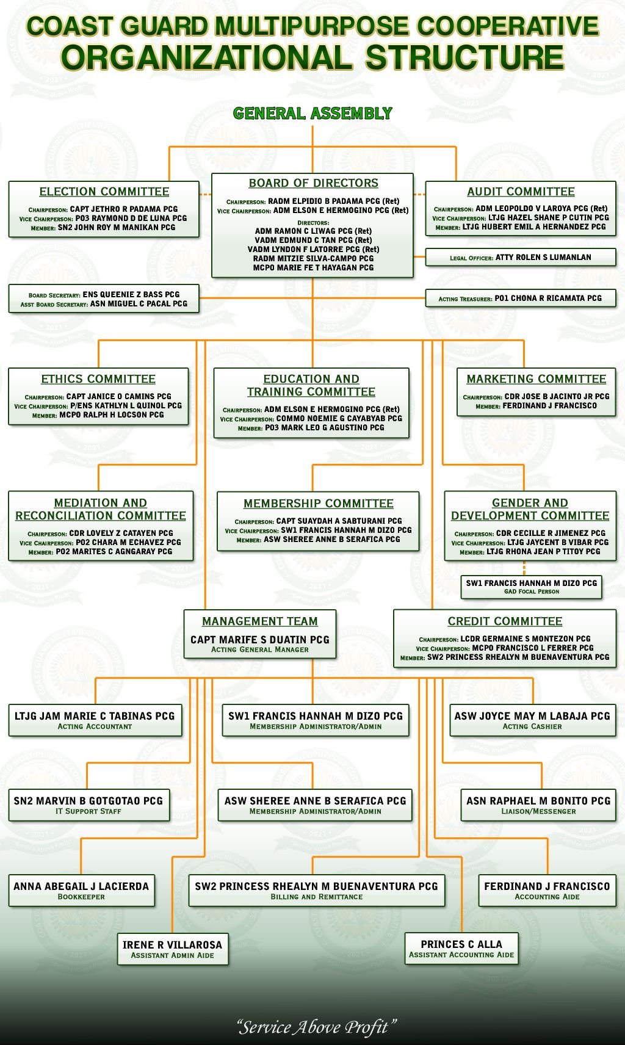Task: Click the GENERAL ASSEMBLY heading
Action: (312, 114)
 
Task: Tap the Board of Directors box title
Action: (314, 183)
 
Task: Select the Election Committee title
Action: (104, 192)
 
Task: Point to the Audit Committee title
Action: (521, 192)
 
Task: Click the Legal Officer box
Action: (521, 257)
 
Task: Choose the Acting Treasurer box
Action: (521, 298)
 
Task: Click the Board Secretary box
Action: (104, 298)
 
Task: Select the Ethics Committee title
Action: (98, 379)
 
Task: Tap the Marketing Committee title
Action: (536, 379)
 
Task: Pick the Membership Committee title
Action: (319, 504)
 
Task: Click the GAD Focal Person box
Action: (531, 587)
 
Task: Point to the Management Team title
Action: (260, 621)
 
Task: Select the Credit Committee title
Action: (505, 621)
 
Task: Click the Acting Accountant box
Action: (95, 720)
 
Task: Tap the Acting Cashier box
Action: (533, 720)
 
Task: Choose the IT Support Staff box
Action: (89, 805)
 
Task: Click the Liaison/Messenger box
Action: (538, 805)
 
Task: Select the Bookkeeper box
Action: (81, 891)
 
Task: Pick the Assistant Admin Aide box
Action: (173, 949)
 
